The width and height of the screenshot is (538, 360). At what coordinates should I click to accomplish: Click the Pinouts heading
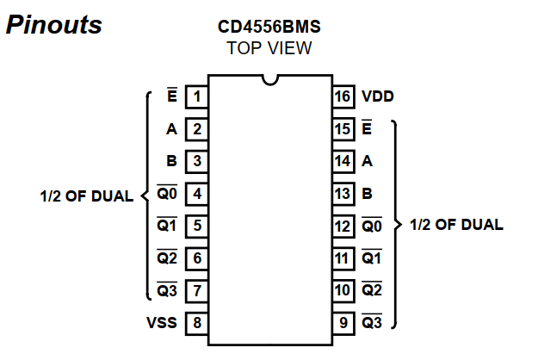[x=53, y=25]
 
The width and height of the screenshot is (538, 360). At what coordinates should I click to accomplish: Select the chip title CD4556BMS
[x=269, y=26]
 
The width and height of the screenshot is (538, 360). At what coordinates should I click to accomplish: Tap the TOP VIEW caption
[x=269, y=48]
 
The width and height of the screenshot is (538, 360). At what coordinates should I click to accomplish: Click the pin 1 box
[x=197, y=96]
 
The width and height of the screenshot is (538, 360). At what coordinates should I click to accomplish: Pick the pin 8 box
[x=197, y=323]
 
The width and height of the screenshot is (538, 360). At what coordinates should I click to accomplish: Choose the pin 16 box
[x=343, y=96]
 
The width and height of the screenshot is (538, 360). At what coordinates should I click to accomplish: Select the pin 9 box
[x=343, y=323]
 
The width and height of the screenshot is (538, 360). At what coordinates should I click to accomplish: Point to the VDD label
[x=379, y=96]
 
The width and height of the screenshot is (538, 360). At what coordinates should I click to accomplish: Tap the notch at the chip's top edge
[x=270, y=80]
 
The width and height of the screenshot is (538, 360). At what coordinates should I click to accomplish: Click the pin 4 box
[x=197, y=194]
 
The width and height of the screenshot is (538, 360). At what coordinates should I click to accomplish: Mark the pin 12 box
[x=343, y=226]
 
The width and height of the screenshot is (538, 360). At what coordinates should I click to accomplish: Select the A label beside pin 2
[x=171, y=129]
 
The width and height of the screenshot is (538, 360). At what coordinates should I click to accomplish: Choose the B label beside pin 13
[x=368, y=193]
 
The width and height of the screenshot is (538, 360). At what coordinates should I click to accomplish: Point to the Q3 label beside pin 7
[x=166, y=290]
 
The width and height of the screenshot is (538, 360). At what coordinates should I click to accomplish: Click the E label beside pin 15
[x=367, y=128]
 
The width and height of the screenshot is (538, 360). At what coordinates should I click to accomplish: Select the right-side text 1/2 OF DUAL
[x=456, y=225]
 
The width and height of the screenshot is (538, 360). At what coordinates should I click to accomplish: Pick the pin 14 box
[x=343, y=161]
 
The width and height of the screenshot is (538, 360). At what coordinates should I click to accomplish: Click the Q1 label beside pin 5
[x=166, y=226]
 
